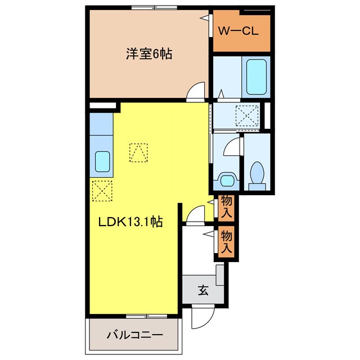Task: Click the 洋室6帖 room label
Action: click(x=148, y=54)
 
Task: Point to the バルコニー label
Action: click(x=134, y=335)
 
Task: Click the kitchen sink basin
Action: click(x=103, y=163)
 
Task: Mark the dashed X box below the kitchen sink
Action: click(x=102, y=190)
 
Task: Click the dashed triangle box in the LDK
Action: click(x=138, y=152)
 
